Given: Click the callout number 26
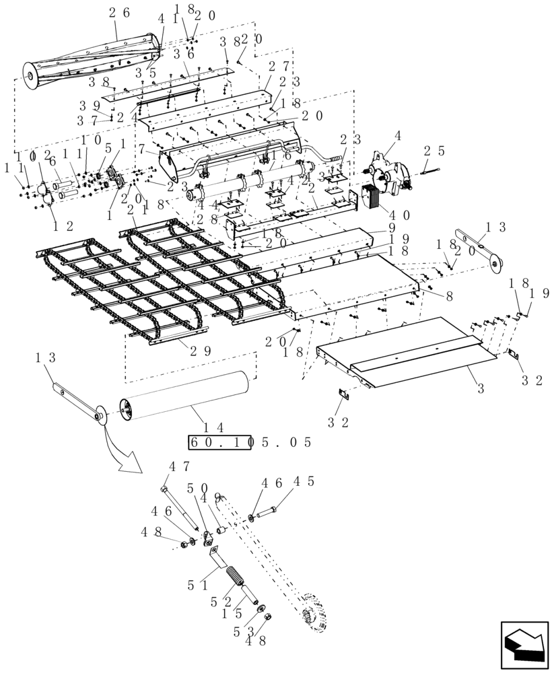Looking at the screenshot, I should pyautogui.click(x=116, y=13).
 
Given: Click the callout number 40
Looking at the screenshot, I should pyautogui.click(x=400, y=215).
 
